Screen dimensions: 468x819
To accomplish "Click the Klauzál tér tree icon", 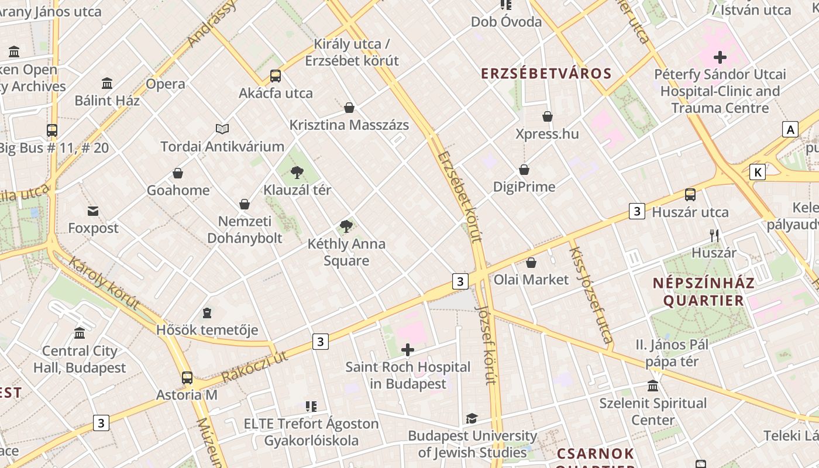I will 297,172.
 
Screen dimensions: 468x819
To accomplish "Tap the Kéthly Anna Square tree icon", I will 346,226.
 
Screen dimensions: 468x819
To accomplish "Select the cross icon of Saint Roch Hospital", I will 408,350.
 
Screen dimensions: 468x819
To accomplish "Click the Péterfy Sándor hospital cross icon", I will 720,57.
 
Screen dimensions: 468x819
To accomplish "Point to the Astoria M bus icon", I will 187,378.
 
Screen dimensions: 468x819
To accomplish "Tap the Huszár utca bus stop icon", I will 690,195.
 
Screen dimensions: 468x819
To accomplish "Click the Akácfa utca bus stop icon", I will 276,76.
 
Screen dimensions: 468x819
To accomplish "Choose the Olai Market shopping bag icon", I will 531,263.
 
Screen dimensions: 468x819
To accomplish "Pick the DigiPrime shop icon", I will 524,170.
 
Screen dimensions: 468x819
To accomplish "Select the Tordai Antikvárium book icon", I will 222,129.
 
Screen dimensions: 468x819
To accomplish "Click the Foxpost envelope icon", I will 93,211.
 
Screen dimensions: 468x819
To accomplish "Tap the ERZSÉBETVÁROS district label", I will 546,74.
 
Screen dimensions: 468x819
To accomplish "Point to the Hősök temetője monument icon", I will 207,314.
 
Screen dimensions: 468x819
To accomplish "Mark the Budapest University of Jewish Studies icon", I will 472,418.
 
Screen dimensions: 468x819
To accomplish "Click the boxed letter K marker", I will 758,172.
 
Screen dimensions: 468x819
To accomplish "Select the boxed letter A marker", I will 791,129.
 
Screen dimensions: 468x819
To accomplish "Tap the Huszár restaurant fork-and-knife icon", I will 714,236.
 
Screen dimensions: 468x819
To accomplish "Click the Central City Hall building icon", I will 80,333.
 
